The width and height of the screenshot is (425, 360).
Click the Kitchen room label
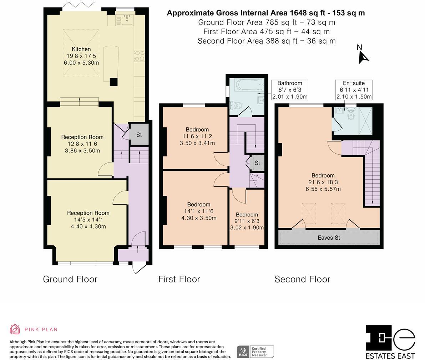coord(81,49)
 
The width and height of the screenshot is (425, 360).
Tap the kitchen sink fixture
coord(127,20)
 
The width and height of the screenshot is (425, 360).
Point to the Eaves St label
coord(328,237)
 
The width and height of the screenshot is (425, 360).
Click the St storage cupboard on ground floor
coord(139,135)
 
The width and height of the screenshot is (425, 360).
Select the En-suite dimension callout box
coord(353,90)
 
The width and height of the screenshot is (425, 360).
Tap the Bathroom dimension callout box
coord(289,90)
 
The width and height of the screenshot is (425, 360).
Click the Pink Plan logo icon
coord(15,329)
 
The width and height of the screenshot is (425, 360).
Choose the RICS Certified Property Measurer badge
coord(255,351)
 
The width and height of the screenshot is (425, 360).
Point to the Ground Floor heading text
coord(70,279)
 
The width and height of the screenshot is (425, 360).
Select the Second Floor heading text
coord(302,279)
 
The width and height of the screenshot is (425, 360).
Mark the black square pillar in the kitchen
coord(113,82)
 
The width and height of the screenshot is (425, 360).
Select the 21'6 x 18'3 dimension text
coord(323,182)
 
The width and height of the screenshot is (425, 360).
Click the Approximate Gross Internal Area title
coord(265,13)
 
